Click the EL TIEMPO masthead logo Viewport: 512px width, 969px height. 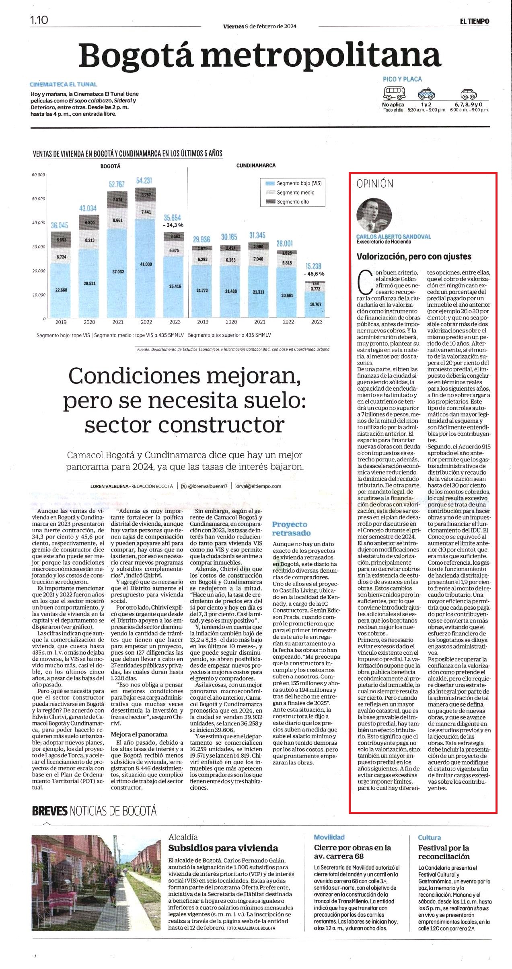(x=475, y=21)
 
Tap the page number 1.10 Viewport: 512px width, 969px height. (x=39, y=20)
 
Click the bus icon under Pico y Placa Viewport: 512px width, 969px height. (x=394, y=94)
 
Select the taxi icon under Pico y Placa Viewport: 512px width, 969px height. (x=427, y=94)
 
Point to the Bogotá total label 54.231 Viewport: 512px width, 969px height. (x=144, y=180)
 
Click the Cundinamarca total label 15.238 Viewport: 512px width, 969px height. (x=314, y=266)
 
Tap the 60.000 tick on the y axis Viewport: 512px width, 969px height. (x=39, y=174)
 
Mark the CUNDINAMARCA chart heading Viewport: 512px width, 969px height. (x=256, y=166)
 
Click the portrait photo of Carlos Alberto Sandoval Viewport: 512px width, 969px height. (x=374, y=215)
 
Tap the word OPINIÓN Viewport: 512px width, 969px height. (x=375, y=184)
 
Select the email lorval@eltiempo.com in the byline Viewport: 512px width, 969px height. (x=258, y=486)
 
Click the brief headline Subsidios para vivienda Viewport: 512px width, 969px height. (x=223, y=848)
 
